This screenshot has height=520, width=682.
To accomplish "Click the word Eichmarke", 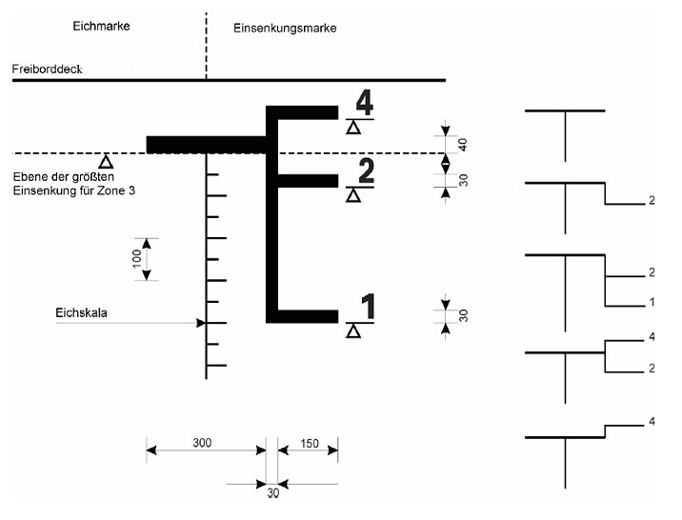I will (x=101, y=27).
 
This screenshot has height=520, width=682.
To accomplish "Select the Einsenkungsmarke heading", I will (x=285, y=29).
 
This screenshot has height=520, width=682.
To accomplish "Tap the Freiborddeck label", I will (x=49, y=70).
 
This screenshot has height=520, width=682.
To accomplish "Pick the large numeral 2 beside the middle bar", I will (x=365, y=171).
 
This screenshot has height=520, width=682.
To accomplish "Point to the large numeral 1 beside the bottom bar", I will (x=368, y=307).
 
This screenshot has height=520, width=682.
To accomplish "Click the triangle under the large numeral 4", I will (x=353, y=128).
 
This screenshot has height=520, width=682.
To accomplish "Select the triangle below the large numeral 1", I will (x=353, y=331).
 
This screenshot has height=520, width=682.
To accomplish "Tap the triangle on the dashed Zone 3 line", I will (x=107, y=161).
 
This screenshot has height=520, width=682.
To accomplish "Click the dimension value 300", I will (x=202, y=443).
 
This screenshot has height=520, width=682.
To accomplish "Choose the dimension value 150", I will (x=309, y=443).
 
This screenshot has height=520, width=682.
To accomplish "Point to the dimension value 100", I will (x=137, y=258).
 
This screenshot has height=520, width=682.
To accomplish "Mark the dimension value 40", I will (x=463, y=144).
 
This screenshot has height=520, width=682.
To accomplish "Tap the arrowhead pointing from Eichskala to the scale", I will (x=201, y=323).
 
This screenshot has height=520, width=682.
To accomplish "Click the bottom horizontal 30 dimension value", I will (x=272, y=492).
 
